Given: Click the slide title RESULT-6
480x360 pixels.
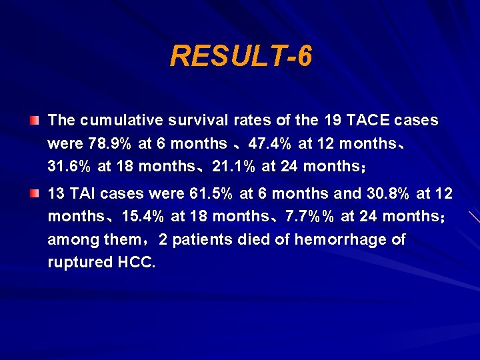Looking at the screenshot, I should click(240, 57).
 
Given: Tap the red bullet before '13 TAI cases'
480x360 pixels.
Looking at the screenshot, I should click(34, 193).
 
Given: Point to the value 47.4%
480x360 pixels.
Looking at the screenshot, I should click(271, 143).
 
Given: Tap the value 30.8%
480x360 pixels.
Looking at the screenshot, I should click(389, 194).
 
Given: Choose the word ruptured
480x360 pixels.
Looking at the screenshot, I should click(79, 262).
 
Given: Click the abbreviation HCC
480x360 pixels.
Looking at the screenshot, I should click(136, 262).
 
